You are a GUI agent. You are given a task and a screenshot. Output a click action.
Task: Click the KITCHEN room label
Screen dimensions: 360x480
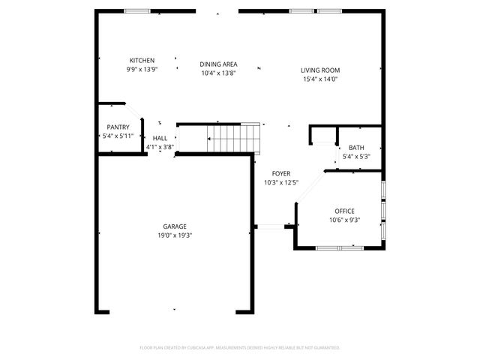[142, 61]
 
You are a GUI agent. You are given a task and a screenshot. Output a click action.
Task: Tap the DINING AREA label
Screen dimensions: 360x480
[219, 64]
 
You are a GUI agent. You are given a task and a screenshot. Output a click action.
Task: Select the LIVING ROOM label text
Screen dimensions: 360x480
[321, 70]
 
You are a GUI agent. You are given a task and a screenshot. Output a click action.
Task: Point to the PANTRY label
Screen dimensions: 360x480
[118, 127]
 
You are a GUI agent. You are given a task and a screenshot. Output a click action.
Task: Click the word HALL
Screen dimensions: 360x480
[160, 139]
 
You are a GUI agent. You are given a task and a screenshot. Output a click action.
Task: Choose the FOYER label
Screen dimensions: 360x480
[281, 174]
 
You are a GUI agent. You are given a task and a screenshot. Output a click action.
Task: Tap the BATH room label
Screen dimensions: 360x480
[355, 148]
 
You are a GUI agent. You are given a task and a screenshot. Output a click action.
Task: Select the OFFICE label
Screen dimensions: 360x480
[344, 211]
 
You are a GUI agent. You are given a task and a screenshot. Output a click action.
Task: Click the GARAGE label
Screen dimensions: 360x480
[175, 226]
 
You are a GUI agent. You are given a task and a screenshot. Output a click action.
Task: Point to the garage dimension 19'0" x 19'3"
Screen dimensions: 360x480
[175, 235]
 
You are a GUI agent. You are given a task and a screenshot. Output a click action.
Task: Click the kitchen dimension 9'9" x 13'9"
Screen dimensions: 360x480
[142, 70]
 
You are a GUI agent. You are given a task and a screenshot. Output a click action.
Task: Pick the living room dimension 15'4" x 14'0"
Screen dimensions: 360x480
[321, 79]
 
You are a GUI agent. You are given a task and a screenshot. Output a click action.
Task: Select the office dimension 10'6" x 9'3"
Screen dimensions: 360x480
[344, 220]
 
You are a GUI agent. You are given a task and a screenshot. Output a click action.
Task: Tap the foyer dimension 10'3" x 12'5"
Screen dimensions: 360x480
[281, 183]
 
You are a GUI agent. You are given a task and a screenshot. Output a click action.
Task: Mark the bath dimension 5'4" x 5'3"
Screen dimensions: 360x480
[355, 157]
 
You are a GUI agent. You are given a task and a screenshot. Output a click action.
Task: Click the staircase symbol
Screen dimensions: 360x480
[234, 137]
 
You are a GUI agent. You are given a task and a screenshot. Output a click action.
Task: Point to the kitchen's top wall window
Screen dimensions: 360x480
[136, 11]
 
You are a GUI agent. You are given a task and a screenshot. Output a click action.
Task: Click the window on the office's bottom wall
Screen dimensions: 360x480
[339, 247]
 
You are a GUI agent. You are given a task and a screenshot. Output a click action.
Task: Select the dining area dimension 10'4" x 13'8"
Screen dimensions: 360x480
[219, 73]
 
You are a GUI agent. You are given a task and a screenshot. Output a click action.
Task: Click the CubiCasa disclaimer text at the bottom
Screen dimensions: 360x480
[240, 348]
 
